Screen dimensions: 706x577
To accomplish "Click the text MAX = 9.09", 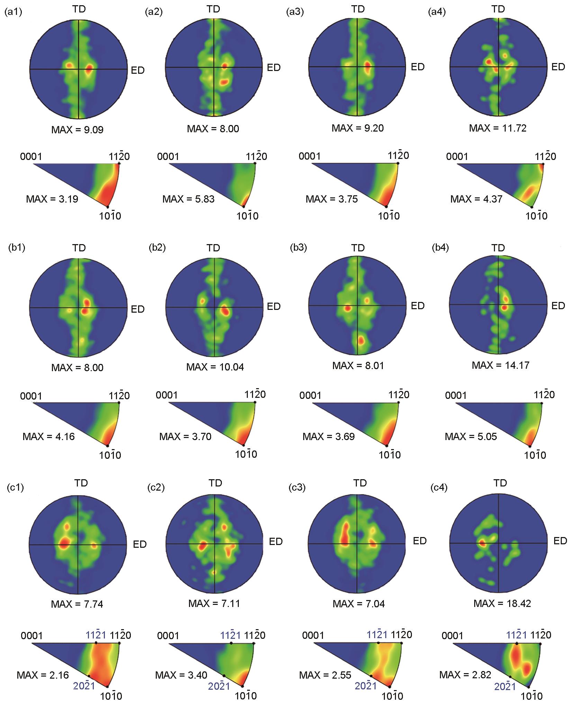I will click(x=77, y=130).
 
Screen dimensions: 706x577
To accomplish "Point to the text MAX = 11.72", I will click(x=498, y=128).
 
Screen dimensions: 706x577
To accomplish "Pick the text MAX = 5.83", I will click(x=188, y=199).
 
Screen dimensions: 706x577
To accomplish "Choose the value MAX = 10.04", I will click(x=215, y=367).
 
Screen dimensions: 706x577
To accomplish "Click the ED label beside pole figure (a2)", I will click(x=273, y=67).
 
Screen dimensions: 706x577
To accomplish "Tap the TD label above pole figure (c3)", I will click(x=360, y=483).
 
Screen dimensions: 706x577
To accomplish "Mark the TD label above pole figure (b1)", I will click(x=79, y=248).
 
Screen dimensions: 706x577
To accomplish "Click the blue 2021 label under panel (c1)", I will click(x=83, y=685).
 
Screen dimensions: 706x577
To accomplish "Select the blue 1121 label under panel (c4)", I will click(x=517, y=635).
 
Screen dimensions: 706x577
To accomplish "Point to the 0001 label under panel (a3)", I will click(x=310, y=156).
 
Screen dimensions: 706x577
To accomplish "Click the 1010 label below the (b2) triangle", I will click(x=246, y=454).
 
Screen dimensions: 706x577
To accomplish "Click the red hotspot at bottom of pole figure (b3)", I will click(x=360, y=340).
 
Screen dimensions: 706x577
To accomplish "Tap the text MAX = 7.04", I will click(x=359, y=604).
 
